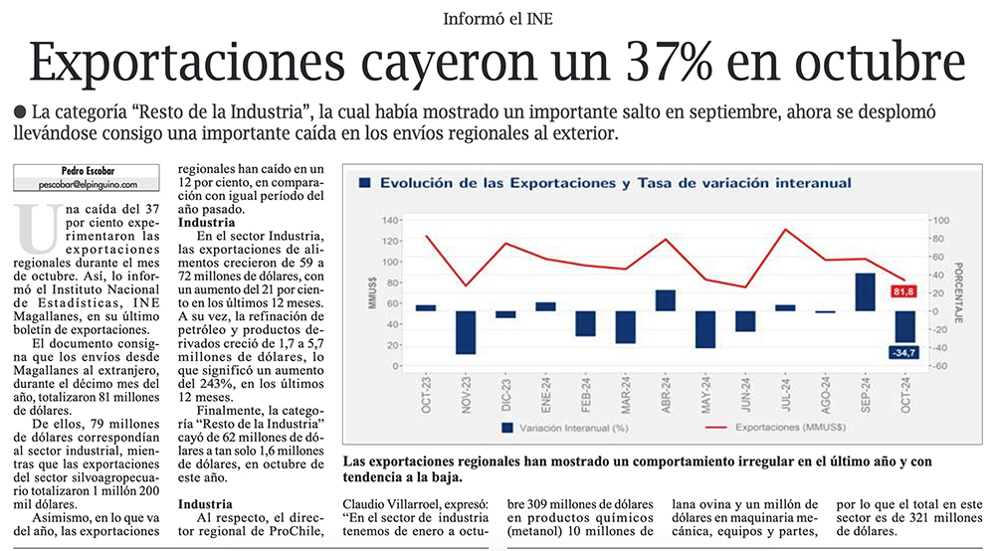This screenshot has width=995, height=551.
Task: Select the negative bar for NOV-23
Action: (466, 332)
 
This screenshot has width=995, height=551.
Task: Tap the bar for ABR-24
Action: (666, 300)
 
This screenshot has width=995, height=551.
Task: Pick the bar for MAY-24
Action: (705, 329)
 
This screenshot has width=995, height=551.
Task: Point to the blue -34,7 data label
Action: (904, 353)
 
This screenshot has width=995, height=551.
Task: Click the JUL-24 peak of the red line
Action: (786, 230)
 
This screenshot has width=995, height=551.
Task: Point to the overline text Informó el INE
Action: (497, 18)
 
